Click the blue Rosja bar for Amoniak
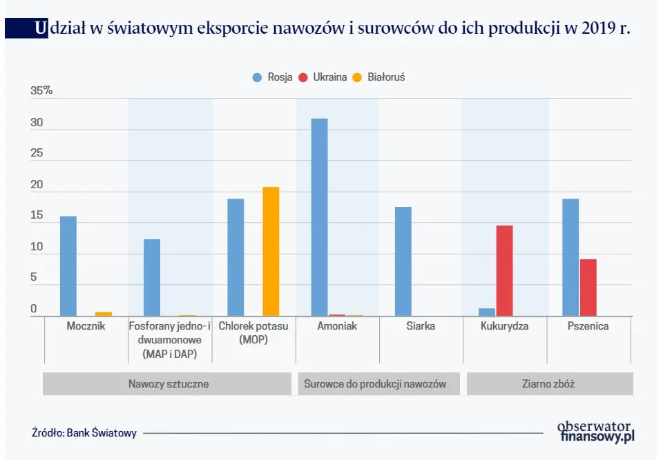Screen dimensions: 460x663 [x=319, y=217]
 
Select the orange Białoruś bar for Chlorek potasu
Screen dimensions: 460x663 [x=271, y=251]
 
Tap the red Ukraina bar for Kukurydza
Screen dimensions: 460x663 [x=504, y=270]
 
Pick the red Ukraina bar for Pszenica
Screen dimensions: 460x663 [x=588, y=288]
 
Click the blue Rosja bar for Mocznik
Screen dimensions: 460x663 [x=68, y=266]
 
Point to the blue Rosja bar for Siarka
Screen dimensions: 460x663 [x=403, y=261]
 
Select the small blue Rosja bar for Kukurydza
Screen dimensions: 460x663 [x=487, y=312]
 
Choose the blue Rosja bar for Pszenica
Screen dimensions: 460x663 [x=570, y=257]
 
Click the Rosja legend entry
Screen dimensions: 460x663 [x=273, y=77]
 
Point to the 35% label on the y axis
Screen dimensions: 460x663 [x=41, y=91]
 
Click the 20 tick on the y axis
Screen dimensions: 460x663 [x=37, y=185]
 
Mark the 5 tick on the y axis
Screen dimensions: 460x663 [x=34, y=278]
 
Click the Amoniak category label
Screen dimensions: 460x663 [x=337, y=326]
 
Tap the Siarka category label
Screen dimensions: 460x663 [x=421, y=326]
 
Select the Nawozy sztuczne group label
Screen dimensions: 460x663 [x=168, y=384]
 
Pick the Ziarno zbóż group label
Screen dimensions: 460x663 [x=549, y=384]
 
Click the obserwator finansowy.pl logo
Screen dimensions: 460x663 [x=595, y=431]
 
